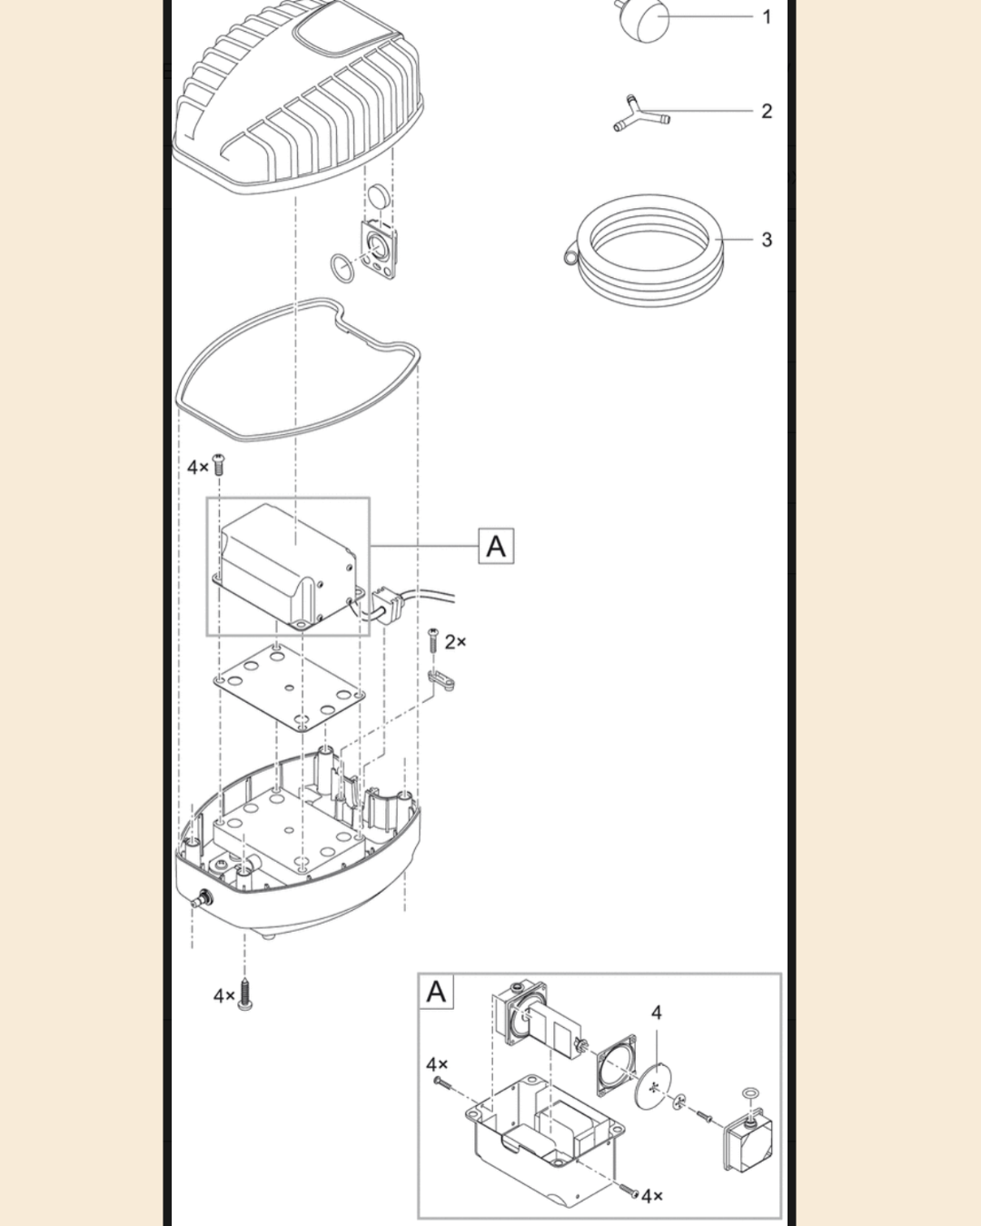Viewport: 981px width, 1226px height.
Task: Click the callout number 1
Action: [x=767, y=16]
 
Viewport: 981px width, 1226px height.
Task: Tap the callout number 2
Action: [x=767, y=111]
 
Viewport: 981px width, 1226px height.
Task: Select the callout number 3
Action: [x=767, y=239]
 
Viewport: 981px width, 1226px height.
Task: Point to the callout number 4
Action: [x=656, y=1013]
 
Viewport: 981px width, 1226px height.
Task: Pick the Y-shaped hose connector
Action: [x=640, y=114]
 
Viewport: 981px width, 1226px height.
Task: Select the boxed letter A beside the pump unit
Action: [x=496, y=546]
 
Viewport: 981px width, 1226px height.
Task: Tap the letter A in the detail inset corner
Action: [x=437, y=992]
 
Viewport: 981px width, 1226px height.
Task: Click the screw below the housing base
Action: [x=245, y=994]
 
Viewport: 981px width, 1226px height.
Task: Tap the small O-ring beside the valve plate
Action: [x=342, y=269]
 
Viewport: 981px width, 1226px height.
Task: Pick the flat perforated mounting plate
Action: [x=289, y=687]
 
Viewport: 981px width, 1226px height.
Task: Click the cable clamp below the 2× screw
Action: [x=441, y=679]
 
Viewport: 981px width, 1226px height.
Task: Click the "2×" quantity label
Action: [x=455, y=642]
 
